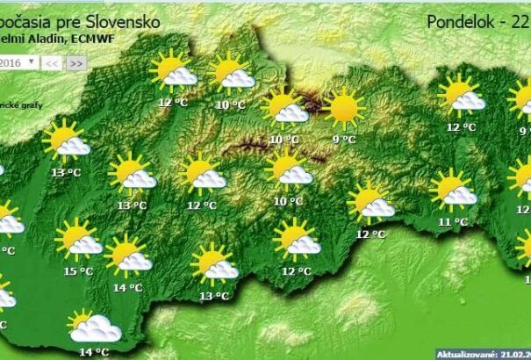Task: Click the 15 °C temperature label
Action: [x=79, y=271]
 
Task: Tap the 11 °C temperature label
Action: [x=454, y=222]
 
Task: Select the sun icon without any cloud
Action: [x=342, y=108]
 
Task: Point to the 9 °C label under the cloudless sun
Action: [x=344, y=139]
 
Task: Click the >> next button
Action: [x=76, y=63]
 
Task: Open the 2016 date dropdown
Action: [x=18, y=62]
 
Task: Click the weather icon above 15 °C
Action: [x=78, y=239]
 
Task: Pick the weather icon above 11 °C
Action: [x=454, y=189]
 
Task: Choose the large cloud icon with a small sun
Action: [x=93, y=327]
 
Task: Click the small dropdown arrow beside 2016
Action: [x=32, y=62]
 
